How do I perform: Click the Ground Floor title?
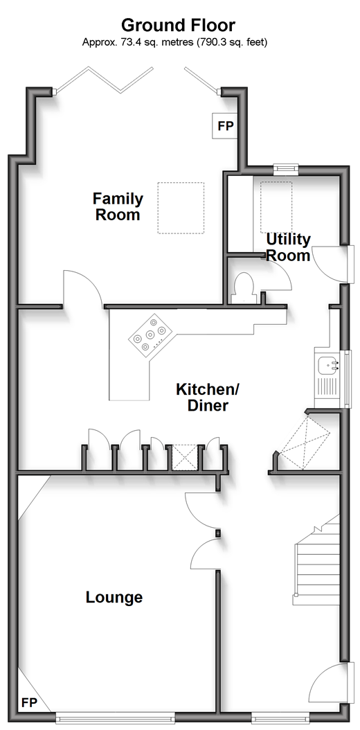coord(179,25)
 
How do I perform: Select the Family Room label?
coord(118,206)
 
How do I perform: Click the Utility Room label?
coord(288,247)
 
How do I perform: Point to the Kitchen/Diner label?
coord(202,397)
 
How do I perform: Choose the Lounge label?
coord(114,597)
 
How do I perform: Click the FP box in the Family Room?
coord(225,125)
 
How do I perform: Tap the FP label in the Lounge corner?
coord(29,702)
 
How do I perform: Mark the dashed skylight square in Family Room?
coord(181,208)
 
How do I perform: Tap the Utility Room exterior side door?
coord(330,264)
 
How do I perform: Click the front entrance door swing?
coord(332,684)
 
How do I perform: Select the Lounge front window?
coord(115,718)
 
